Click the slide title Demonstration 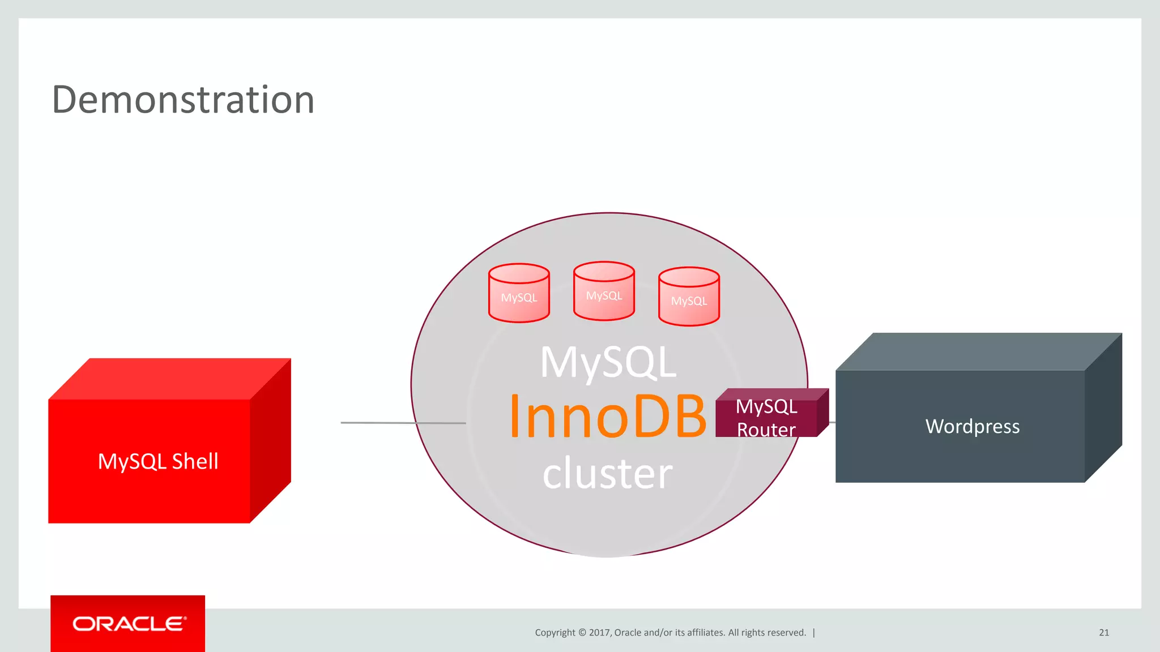point(183,100)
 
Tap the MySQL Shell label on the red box point(158,461)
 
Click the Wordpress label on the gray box point(972,426)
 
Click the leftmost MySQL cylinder point(519,294)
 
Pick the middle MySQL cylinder point(604,292)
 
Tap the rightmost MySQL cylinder point(689,298)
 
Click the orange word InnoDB point(607,417)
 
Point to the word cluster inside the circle point(607,473)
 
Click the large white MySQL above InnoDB point(608,362)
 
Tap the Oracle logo point(129,624)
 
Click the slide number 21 point(1103,633)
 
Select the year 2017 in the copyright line point(599,633)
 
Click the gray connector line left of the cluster point(402,423)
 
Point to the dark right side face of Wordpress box point(1103,407)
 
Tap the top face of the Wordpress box point(979,351)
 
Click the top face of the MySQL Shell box point(170,379)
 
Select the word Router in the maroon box point(766,430)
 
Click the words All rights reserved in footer point(767,633)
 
